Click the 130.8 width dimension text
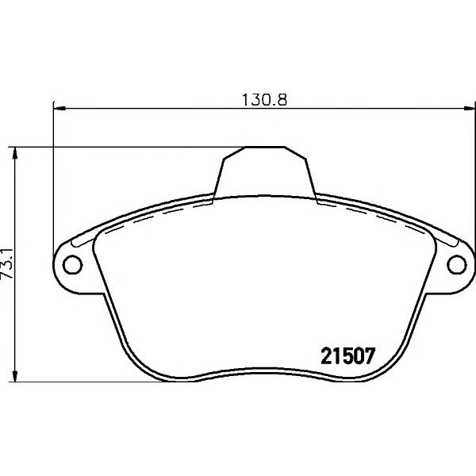pyautogui.click(x=264, y=100)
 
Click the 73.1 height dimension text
pyautogui.click(x=7, y=263)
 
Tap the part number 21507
pyautogui.click(x=348, y=355)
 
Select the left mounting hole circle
pyautogui.click(x=72, y=265)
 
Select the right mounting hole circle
pyautogui.click(x=457, y=265)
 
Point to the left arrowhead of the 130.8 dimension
pyautogui.click(x=59, y=108)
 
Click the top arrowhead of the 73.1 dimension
pyautogui.click(x=14, y=153)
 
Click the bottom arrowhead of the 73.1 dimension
pyautogui.click(x=14, y=375)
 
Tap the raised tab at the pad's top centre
pyautogui.click(x=264, y=172)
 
